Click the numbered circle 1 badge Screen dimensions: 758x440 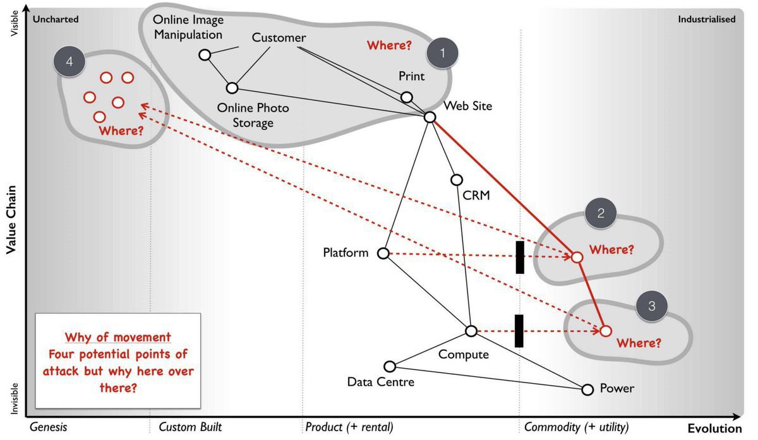click(x=442, y=53)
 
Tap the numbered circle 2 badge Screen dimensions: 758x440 click(x=601, y=213)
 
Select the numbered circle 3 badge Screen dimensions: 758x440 click(x=652, y=306)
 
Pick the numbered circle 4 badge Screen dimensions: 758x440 click(x=69, y=61)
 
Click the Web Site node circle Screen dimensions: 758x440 click(x=430, y=117)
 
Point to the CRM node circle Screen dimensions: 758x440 click(x=457, y=179)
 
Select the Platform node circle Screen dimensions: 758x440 click(x=383, y=253)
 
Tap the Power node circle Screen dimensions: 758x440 click(x=587, y=389)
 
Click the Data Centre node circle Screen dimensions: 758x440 click(x=390, y=366)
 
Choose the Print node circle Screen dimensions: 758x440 click(x=406, y=97)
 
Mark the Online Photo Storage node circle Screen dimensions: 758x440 click(x=232, y=88)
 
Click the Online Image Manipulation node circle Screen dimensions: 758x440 click(x=205, y=54)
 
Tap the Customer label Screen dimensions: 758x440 click(x=279, y=37)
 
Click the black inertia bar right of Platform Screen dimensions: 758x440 click(x=520, y=258)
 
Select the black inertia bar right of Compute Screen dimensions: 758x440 click(x=519, y=331)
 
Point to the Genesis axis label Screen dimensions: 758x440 click(x=49, y=427)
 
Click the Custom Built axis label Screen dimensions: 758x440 click(x=190, y=427)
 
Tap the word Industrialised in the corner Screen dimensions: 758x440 click(x=707, y=20)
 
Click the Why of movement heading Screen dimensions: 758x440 click(x=117, y=337)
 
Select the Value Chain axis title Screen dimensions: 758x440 click(x=11, y=220)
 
